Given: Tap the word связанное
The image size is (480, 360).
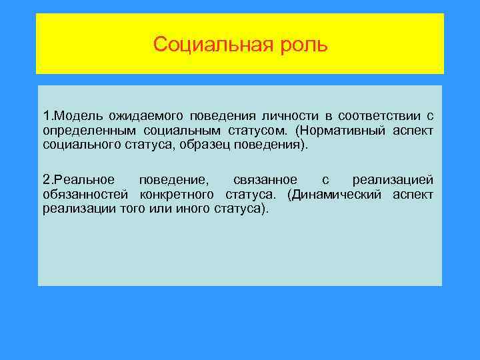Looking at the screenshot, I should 263,181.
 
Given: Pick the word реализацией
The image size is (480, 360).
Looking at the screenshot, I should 393,181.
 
